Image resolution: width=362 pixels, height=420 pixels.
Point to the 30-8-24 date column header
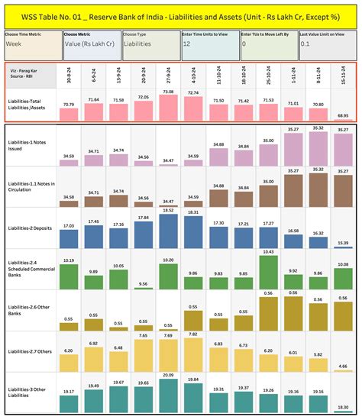click(69, 76)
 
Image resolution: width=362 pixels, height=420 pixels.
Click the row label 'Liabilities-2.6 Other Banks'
click(30, 310)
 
